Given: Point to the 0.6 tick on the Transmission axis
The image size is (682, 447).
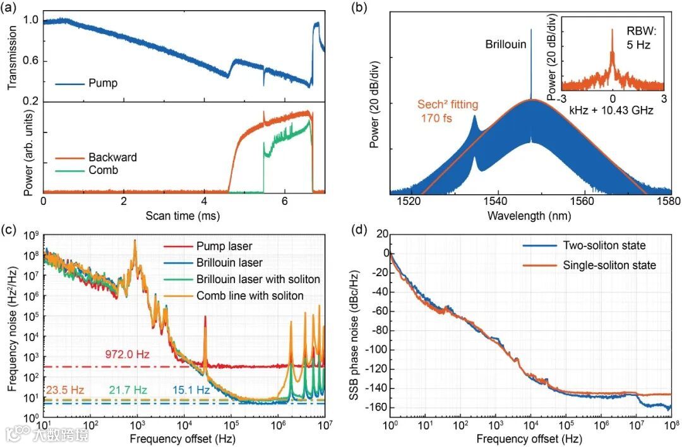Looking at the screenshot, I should pos(30,61).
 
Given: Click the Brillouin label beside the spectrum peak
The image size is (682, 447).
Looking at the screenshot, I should pos(505,44).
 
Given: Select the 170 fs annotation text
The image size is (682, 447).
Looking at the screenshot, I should pos(438,118).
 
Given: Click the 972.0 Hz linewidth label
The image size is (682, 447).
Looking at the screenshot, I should pos(128,354).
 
